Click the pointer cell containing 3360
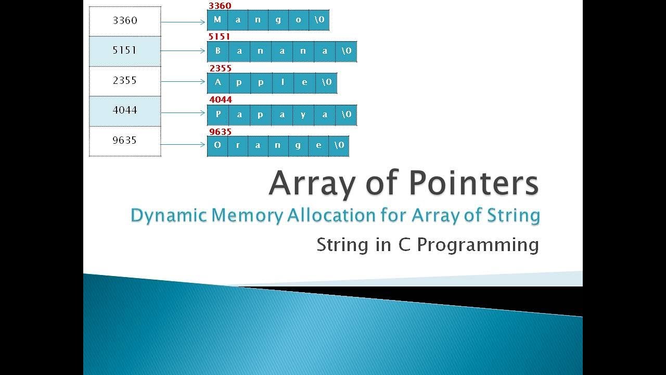coord(125,21)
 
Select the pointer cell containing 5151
coord(125,51)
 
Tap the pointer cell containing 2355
coord(125,81)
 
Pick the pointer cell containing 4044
coord(125,110)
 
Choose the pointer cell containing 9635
coord(125,140)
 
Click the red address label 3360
coord(220,6)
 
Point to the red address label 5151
coord(219,36)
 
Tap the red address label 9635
coord(220,132)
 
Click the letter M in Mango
coord(217,20)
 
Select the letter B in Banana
coord(217,51)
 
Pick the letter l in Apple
coord(282,82)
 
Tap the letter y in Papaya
coord(303,115)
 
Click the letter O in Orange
coord(217,145)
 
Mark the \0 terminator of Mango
coord(318,20)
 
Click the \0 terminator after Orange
coord(339,145)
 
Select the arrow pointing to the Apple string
coord(183,81)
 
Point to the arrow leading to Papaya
coord(183,113)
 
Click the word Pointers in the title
coord(473,183)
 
